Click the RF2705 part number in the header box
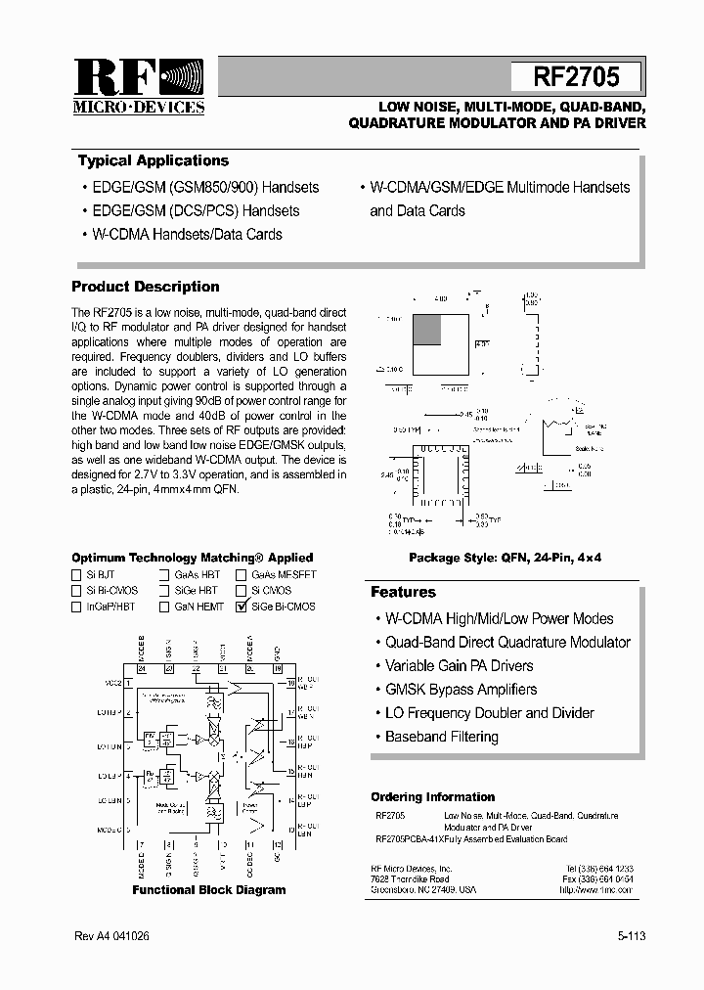click(x=576, y=77)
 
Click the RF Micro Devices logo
click(x=139, y=87)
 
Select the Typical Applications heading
click(x=154, y=161)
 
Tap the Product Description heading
click(x=146, y=287)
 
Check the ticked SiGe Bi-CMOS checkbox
click(x=242, y=607)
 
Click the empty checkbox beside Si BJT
click(x=77, y=575)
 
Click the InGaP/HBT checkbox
click(x=77, y=607)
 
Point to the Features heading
click(x=403, y=592)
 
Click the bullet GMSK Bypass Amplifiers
click(x=461, y=690)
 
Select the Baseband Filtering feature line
click(x=441, y=737)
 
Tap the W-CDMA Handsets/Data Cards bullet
click(x=187, y=235)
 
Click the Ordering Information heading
click(x=432, y=797)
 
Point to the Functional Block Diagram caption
click(x=209, y=890)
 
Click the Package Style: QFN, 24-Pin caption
click(x=506, y=557)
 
